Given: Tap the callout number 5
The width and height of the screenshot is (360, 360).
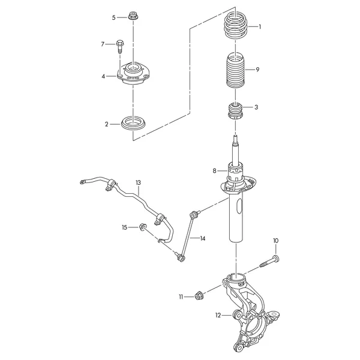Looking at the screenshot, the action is [114, 17].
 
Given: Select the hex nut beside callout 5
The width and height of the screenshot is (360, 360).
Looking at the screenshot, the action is [132, 16].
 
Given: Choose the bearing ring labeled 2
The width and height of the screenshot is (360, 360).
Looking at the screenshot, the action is [133, 124].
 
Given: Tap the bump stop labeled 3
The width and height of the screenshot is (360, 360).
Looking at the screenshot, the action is [235, 112].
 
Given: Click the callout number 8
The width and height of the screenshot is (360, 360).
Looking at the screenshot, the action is [214, 171].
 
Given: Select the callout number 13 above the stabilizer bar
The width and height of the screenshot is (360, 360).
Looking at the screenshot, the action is [138, 183].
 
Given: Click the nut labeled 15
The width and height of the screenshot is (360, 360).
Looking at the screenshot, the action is [143, 227].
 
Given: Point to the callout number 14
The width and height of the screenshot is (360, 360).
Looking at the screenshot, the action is [203, 239].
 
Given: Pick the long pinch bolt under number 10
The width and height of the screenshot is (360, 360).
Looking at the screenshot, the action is [269, 262].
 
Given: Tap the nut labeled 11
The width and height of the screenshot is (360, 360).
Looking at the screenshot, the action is [198, 296].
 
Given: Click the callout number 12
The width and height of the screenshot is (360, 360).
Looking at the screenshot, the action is [218, 315].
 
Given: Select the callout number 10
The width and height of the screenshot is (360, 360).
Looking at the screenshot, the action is [276, 241].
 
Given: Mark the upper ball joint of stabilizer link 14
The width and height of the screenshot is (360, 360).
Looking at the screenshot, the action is [194, 214].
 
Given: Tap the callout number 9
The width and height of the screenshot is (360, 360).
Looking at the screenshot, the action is [257, 70].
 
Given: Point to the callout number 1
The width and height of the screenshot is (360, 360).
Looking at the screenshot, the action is [260, 27].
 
